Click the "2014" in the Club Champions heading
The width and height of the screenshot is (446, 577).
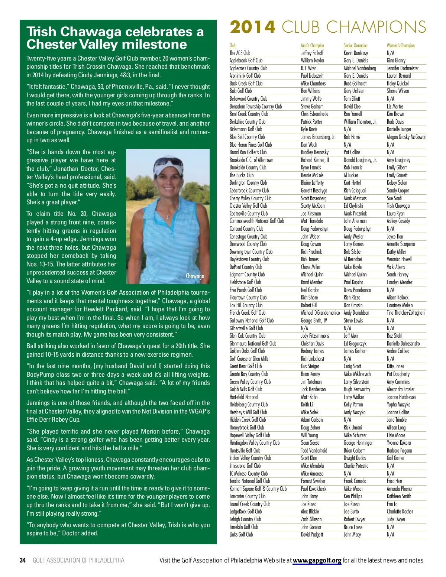coord(253,27)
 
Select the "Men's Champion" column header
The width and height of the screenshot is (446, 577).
coord(312,45)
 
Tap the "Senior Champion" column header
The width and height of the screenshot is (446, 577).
coord(355,45)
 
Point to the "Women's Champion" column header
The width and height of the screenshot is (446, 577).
coord(400,45)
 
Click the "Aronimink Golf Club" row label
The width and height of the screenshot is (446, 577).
coord(245,76)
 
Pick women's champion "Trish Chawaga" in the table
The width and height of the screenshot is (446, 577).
coord(398,206)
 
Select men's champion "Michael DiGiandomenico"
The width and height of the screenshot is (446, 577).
coord(320,313)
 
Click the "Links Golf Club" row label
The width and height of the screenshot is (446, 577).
coord(241,535)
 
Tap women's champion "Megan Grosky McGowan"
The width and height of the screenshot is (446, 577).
coord(406,137)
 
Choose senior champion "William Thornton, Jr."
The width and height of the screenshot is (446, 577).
coord(360,122)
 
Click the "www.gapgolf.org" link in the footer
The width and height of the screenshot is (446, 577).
coord(317,560)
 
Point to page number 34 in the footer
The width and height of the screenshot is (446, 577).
coord(23,560)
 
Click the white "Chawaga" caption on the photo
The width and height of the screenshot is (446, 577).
coord(195,276)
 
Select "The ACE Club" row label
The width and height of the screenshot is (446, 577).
coord(240,53)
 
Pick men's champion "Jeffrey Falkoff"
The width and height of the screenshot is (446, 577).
coord(312,53)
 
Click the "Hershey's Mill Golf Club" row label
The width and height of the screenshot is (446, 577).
coord(248,412)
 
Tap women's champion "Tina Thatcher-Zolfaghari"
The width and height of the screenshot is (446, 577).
coord(405,313)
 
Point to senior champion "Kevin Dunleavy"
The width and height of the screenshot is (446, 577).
coord(356,53)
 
